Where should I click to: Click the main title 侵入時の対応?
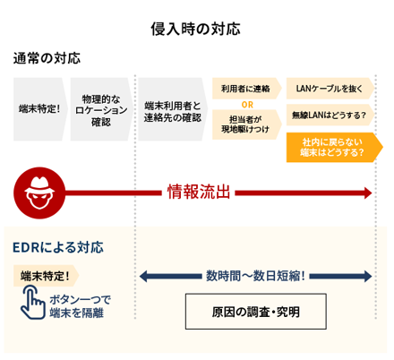[195, 29]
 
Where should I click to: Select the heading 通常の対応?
[47, 58]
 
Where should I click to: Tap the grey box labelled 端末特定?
[40, 109]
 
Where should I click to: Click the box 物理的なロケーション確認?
[101, 109]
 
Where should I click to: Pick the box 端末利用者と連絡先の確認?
[173, 109]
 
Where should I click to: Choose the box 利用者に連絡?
[247, 89]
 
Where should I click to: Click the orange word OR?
[247, 105]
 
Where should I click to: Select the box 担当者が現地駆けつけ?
[247, 124]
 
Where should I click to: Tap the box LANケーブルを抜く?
[330, 89]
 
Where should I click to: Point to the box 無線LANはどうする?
[330, 115]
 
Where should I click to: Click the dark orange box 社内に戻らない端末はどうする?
[334, 148]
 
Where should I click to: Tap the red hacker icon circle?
[39, 193]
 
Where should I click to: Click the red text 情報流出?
[199, 192]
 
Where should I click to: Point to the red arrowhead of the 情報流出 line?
[367, 193]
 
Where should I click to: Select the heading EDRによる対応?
[58, 247]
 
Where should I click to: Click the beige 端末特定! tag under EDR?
[46, 276]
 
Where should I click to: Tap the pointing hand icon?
[32, 303]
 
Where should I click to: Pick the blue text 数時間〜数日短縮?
[255, 276]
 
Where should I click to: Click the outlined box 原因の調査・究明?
[256, 312]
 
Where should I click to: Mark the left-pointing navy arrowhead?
[144, 276]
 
